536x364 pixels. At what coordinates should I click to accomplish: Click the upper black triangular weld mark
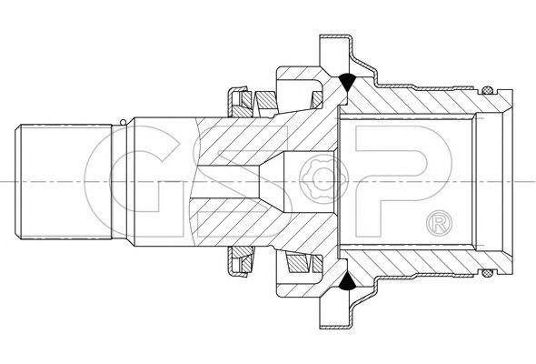tap(347, 81)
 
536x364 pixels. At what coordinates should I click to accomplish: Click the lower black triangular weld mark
tap(347, 281)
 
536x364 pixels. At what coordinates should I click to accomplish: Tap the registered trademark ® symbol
tap(440, 223)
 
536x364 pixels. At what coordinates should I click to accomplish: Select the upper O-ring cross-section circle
tap(487, 90)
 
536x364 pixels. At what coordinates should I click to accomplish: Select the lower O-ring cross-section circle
tap(488, 273)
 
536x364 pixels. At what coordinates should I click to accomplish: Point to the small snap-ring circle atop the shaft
tap(123, 122)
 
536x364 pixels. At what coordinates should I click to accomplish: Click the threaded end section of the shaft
tap(64, 181)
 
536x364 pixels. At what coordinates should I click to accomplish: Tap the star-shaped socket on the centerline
tap(322, 181)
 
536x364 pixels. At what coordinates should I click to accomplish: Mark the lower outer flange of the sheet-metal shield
tap(336, 310)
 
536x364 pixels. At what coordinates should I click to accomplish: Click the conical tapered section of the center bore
tap(272, 181)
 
